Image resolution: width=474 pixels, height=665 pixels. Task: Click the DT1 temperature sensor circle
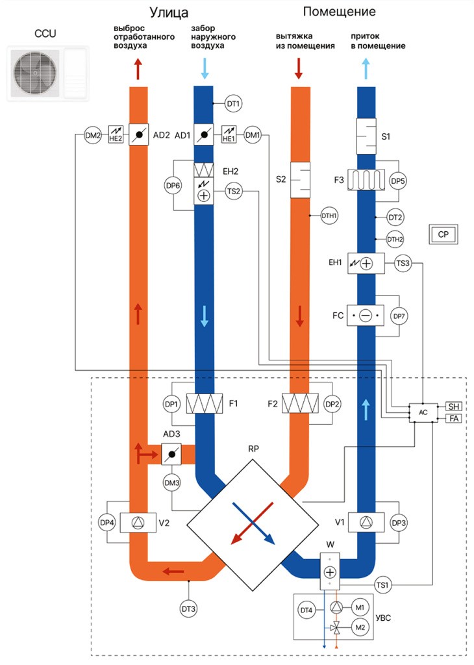click(x=233, y=103)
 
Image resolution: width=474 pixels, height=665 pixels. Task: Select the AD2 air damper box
click(x=139, y=135)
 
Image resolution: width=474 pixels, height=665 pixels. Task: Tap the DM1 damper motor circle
click(x=253, y=135)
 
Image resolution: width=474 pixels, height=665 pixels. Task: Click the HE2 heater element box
click(x=116, y=134)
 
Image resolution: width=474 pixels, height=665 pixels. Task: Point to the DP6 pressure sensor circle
click(x=173, y=185)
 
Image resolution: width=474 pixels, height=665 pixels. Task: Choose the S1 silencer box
click(x=366, y=136)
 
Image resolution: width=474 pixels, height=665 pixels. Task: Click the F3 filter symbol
click(x=366, y=180)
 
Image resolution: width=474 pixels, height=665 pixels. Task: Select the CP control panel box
click(x=443, y=234)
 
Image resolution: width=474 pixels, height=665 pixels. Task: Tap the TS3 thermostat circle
click(x=403, y=264)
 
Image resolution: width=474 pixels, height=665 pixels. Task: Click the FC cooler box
click(x=365, y=316)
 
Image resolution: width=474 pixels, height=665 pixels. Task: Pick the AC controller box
click(x=423, y=412)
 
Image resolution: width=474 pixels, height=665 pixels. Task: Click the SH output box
click(x=453, y=407)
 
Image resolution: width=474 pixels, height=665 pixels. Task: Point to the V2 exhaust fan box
click(x=138, y=523)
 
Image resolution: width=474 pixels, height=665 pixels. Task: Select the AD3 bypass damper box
click(x=171, y=454)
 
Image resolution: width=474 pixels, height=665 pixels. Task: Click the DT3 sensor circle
click(x=189, y=609)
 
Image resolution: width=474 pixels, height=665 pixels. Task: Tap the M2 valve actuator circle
click(x=360, y=627)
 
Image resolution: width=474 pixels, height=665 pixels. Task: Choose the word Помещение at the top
click(x=339, y=12)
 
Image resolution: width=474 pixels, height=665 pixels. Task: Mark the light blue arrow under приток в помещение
click(x=366, y=69)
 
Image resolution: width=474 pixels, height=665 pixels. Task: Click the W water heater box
click(x=330, y=571)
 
